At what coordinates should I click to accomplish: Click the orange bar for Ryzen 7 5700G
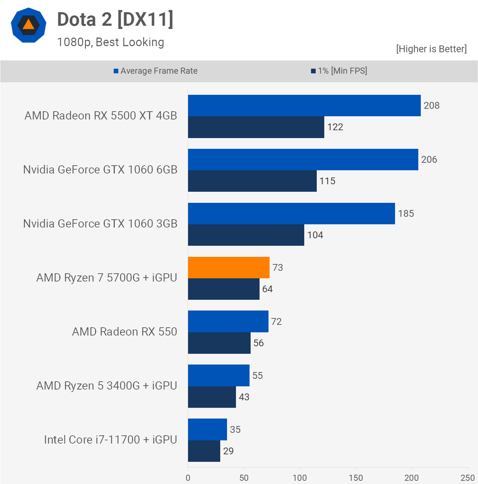coord(229,268)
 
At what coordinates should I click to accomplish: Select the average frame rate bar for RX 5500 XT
coord(304,106)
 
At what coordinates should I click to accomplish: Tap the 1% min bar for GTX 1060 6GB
coord(252,181)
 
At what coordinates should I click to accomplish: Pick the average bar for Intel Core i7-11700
coord(207,429)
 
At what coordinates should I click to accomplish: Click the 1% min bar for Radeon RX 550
coord(219,343)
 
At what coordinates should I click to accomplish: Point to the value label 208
coord(432,106)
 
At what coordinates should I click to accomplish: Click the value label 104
coord(315,235)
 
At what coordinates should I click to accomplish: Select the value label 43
coord(244,397)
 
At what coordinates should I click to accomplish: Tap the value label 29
coord(228,451)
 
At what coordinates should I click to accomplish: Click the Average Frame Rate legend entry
coord(156,71)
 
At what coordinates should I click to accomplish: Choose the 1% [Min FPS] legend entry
coord(339,71)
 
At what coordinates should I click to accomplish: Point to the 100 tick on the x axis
coord(300,478)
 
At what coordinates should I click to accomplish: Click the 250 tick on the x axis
coord(467,478)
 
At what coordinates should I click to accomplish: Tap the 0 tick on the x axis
coord(188,478)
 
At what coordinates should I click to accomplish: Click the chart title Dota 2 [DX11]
coord(115,19)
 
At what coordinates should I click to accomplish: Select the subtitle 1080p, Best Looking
coord(110,42)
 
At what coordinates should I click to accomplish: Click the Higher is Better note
coord(431,49)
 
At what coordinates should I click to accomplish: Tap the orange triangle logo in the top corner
coord(29,25)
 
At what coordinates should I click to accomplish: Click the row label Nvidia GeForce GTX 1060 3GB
coord(100,224)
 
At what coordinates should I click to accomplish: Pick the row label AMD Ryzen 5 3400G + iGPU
coord(107,386)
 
